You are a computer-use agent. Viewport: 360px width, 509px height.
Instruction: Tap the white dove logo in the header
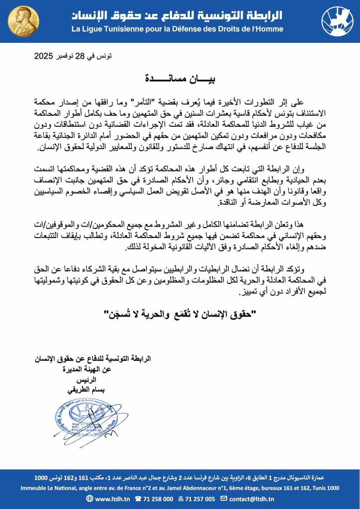(337, 21)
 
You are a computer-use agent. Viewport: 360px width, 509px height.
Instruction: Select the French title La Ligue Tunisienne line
(177, 29)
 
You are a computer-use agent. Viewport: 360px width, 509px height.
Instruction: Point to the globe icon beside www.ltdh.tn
(89, 499)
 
